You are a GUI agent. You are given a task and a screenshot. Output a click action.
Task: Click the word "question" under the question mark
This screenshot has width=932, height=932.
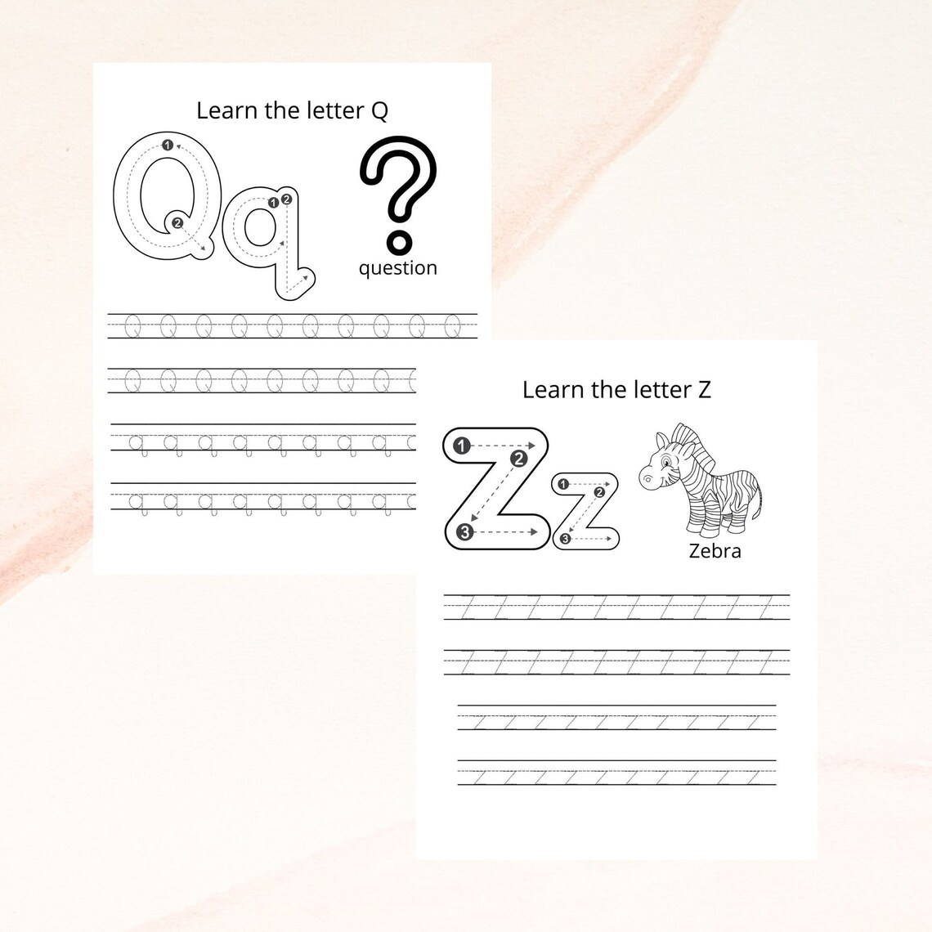click(397, 268)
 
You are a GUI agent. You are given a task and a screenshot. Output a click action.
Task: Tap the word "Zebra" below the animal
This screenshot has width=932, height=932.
click(715, 551)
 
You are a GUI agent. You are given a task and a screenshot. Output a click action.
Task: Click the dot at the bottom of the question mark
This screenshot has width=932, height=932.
click(398, 241)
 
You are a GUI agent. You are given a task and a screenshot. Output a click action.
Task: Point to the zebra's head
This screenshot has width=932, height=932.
click(664, 464)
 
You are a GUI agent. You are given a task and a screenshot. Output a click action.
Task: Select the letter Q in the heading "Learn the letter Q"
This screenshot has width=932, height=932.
click(379, 111)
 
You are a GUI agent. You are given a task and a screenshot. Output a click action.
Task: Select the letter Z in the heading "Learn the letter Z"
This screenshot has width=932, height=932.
click(703, 390)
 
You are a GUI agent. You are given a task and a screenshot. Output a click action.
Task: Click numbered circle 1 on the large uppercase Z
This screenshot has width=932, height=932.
click(462, 446)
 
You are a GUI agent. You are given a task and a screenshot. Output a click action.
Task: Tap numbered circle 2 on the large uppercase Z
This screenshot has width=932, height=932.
click(518, 459)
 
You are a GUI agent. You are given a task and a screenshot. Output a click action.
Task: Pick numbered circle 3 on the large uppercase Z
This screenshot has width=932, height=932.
click(464, 533)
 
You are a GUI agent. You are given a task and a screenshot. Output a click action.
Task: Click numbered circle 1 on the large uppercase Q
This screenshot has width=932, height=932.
click(168, 145)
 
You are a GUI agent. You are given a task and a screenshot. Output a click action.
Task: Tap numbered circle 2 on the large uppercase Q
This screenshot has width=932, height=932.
click(177, 222)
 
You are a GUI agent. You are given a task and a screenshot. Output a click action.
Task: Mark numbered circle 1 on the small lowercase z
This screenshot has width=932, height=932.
click(562, 485)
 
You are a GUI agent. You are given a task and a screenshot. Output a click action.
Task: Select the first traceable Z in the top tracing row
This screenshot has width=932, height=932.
click(468, 608)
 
